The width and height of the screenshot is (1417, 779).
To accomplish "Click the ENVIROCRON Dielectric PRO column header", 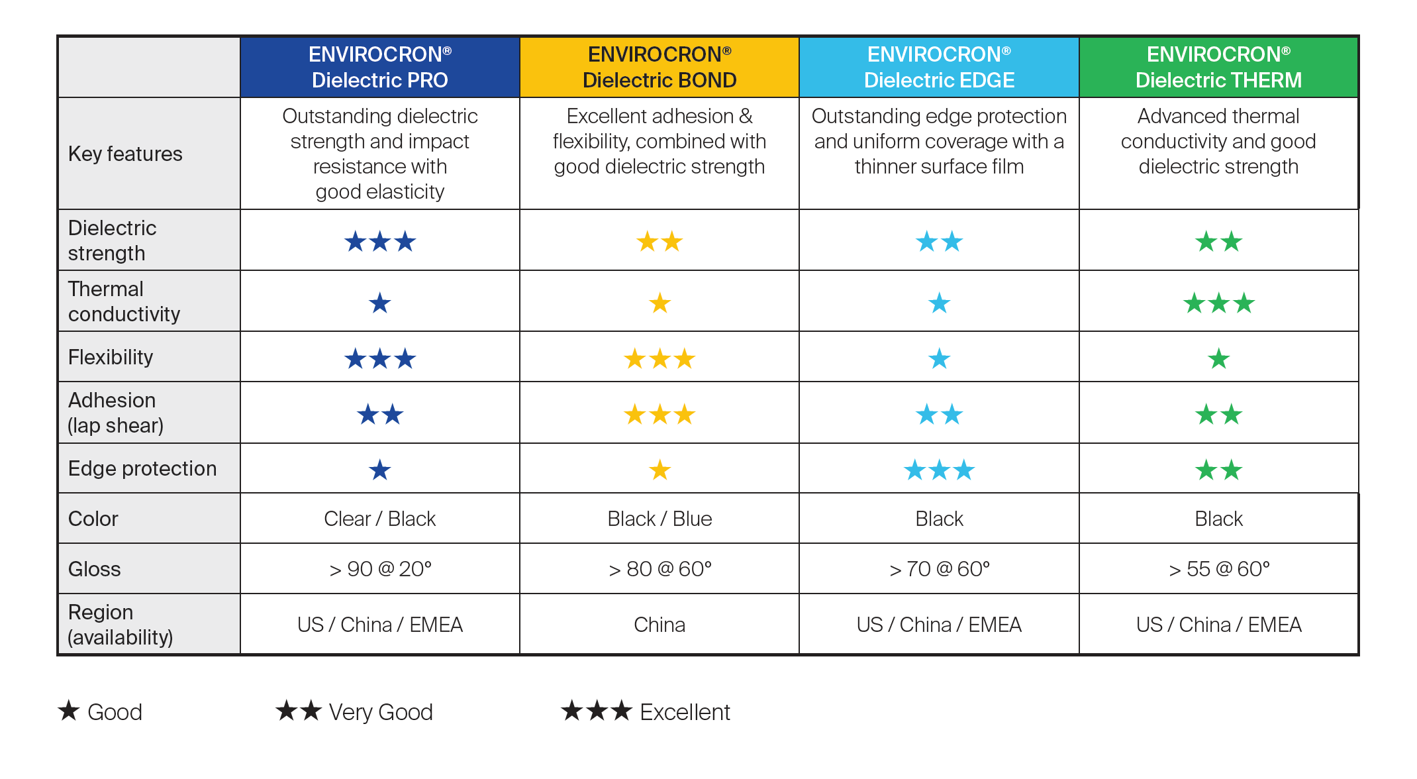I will coord(379,67).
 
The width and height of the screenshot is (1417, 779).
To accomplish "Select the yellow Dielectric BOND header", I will coord(660,67).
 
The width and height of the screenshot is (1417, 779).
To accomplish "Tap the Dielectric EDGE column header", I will coord(939,67).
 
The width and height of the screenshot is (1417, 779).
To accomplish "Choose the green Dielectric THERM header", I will coord(1218,67).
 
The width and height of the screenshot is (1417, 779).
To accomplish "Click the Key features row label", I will coord(125,154).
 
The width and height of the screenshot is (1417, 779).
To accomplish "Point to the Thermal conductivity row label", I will coord(124,301).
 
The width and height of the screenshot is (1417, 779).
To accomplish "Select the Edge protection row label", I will coord(142,468).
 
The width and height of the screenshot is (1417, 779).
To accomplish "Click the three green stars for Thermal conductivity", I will coord(1218,303).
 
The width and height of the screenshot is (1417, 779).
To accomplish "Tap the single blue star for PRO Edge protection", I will coord(380,470).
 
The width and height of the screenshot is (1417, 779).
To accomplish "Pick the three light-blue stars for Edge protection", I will coord(939,470).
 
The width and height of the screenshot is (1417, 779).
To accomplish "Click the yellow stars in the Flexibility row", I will coord(660,359).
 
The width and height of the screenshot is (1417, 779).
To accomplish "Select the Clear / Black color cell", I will coord(379,519).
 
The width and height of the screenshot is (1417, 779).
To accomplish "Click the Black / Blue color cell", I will coord(660,519).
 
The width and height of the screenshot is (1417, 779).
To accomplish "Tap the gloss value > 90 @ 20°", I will coord(380,569).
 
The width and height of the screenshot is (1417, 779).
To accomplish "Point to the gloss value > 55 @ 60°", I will coord(1219,569).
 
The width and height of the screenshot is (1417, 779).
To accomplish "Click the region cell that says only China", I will coord(660,625).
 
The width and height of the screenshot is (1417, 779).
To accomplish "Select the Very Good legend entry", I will coord(354,711).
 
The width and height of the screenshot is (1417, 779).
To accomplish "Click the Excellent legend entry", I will coord(646,711).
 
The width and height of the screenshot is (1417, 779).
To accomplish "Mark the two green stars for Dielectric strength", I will coord(1218,242).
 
